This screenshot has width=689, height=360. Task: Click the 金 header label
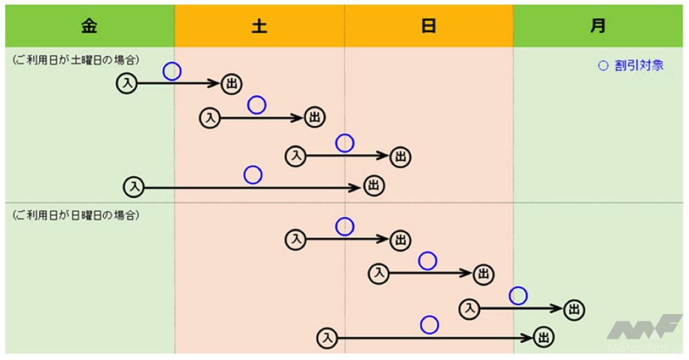point(89,26)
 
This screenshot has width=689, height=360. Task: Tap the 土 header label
point(260,26)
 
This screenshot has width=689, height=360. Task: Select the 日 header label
point(428,26)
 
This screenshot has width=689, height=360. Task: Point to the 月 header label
point(598,26)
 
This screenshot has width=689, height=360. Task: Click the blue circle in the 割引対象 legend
point(603,65)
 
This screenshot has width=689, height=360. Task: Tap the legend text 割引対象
point(639,65)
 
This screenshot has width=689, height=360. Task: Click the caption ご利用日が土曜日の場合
point(76,60)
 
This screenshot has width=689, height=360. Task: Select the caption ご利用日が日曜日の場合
point(76,215)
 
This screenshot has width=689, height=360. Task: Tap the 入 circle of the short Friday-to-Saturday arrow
point(126,83)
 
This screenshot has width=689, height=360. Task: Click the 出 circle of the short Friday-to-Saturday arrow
point(231,84)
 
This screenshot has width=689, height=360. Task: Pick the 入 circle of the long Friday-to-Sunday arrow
point(133,187)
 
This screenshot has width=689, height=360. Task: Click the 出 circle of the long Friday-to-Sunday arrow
point(374,186)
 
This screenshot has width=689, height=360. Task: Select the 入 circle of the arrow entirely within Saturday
point(210,118)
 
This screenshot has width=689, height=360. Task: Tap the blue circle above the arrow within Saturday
point(257,105)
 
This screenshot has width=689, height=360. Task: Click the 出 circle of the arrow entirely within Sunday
point(483,274)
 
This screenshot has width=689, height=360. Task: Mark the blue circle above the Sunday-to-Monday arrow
point(518,296)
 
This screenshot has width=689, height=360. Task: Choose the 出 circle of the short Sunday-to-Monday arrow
point(574,309)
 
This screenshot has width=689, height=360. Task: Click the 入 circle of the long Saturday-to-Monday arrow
point(327,338)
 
